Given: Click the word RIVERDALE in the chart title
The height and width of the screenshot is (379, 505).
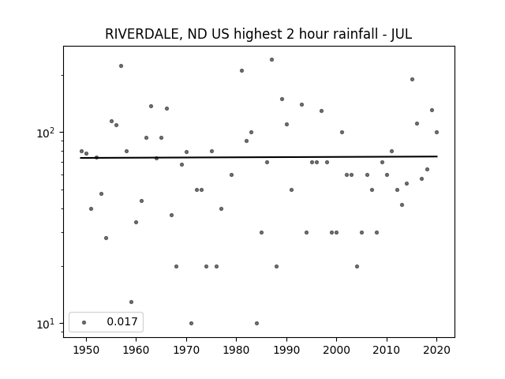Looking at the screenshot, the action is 142,34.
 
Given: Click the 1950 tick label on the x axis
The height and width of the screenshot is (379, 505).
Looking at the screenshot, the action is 86,350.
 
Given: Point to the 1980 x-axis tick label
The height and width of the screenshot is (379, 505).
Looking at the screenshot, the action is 236,350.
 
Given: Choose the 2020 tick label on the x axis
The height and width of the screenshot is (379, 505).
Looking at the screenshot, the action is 436,350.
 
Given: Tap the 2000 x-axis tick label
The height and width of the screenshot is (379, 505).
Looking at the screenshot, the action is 337,350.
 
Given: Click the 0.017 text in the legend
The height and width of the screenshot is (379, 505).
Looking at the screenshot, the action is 122,321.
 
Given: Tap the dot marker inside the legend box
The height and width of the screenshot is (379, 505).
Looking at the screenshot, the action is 84,322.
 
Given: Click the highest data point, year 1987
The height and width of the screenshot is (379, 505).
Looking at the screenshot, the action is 271,60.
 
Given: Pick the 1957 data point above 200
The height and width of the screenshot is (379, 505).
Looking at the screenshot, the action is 121,66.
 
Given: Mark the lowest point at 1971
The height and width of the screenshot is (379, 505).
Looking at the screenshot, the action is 191,323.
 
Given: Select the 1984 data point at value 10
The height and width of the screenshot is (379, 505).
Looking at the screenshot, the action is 256,323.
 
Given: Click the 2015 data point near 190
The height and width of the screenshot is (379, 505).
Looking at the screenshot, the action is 412,79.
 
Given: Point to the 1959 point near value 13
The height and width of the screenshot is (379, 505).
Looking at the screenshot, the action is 132,302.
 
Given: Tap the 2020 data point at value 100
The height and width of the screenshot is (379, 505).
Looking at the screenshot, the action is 436,132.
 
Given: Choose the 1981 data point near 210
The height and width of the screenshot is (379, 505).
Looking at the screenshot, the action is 242,70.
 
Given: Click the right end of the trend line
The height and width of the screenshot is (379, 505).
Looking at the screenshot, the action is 437,156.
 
